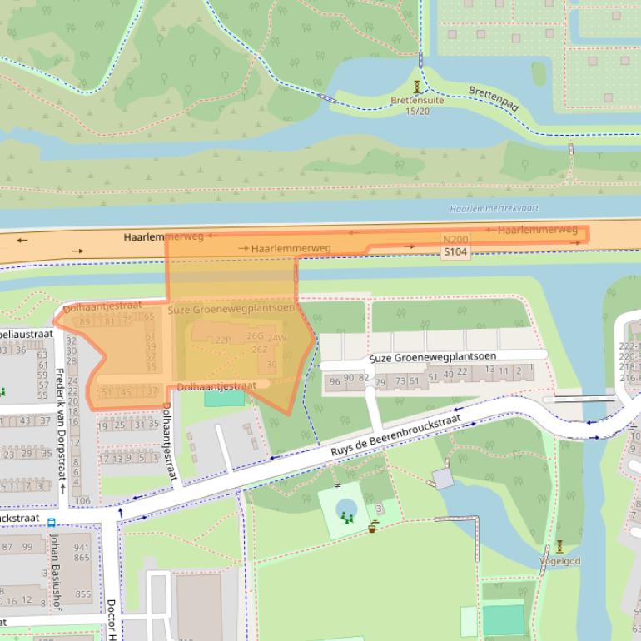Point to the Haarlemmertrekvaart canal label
click(494, 209)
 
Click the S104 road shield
click(455, 251)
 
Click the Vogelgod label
click(559, 561)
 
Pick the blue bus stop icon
click(52, 523)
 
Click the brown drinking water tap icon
click(373, 526)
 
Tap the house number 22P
click(222, 340)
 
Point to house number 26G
click(255, 336)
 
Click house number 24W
click(277, 339)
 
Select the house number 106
click(82, 500)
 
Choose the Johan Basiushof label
click(56, 574)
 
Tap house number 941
click(82, 548)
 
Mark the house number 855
click(83, 594)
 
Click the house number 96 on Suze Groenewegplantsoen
click(335, 381)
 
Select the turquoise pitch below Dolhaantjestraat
click(224, 398)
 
